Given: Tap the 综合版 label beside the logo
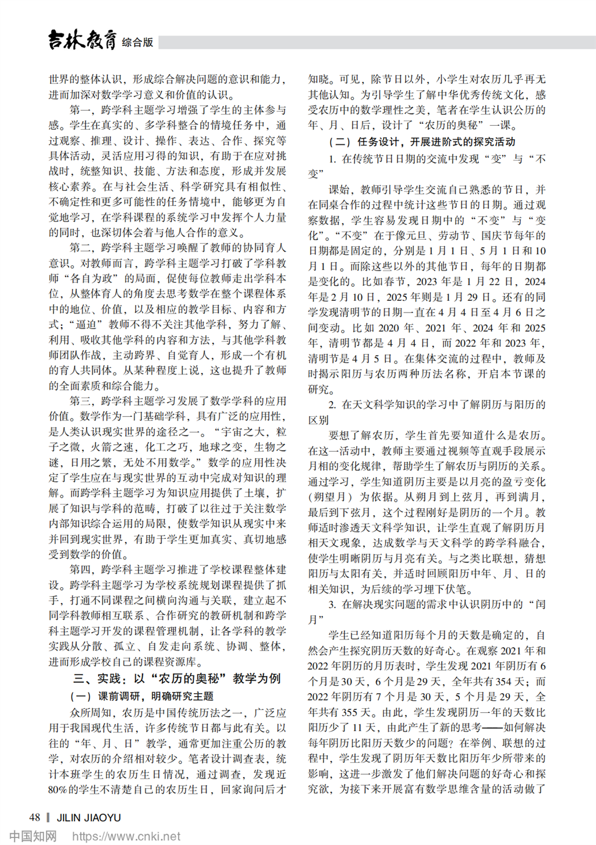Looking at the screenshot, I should point(137,42).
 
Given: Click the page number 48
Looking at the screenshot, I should point(34,817).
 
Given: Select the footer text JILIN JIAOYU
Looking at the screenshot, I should point(88,818).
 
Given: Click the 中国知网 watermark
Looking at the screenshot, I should point(33,836).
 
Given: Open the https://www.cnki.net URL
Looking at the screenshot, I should point(126,836).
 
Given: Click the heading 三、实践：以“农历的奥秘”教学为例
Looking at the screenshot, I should point(177,679).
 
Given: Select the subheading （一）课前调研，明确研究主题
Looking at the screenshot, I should point(141,696).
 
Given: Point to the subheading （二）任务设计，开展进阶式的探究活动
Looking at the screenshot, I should point(422,141).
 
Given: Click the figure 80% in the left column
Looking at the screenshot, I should point(58,790).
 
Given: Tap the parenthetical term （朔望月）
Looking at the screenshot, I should point(331,497).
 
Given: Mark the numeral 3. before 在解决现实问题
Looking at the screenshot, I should point(332,605).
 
